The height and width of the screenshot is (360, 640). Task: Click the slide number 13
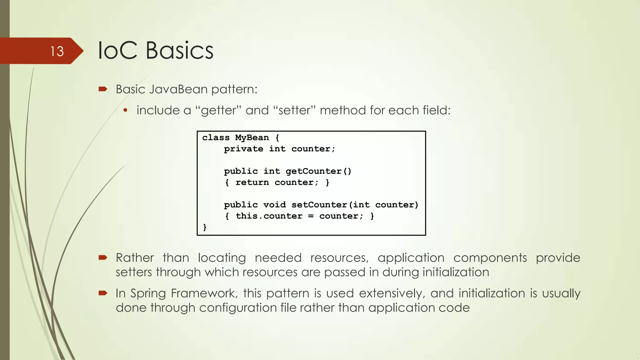pos(57,51)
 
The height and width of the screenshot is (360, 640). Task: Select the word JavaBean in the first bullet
pos(178,89)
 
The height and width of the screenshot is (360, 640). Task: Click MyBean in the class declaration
pos(252,137)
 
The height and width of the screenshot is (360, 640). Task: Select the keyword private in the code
pos(243,149)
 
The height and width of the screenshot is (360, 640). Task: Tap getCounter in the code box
pos(313,171)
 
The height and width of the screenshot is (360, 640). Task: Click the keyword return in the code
pos(252,182)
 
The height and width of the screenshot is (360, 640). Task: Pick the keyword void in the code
pos(274,205)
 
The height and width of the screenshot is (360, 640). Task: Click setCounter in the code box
pos(319,205)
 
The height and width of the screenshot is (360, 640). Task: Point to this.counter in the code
pos(269,216)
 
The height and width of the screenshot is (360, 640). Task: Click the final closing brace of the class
pos(205,227)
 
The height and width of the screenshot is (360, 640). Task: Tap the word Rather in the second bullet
pos(135,258)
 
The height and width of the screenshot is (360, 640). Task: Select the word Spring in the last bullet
pos(148,293)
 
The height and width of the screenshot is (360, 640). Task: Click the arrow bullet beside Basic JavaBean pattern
pos(103,89)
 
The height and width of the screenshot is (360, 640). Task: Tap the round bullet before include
pos(125,110)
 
